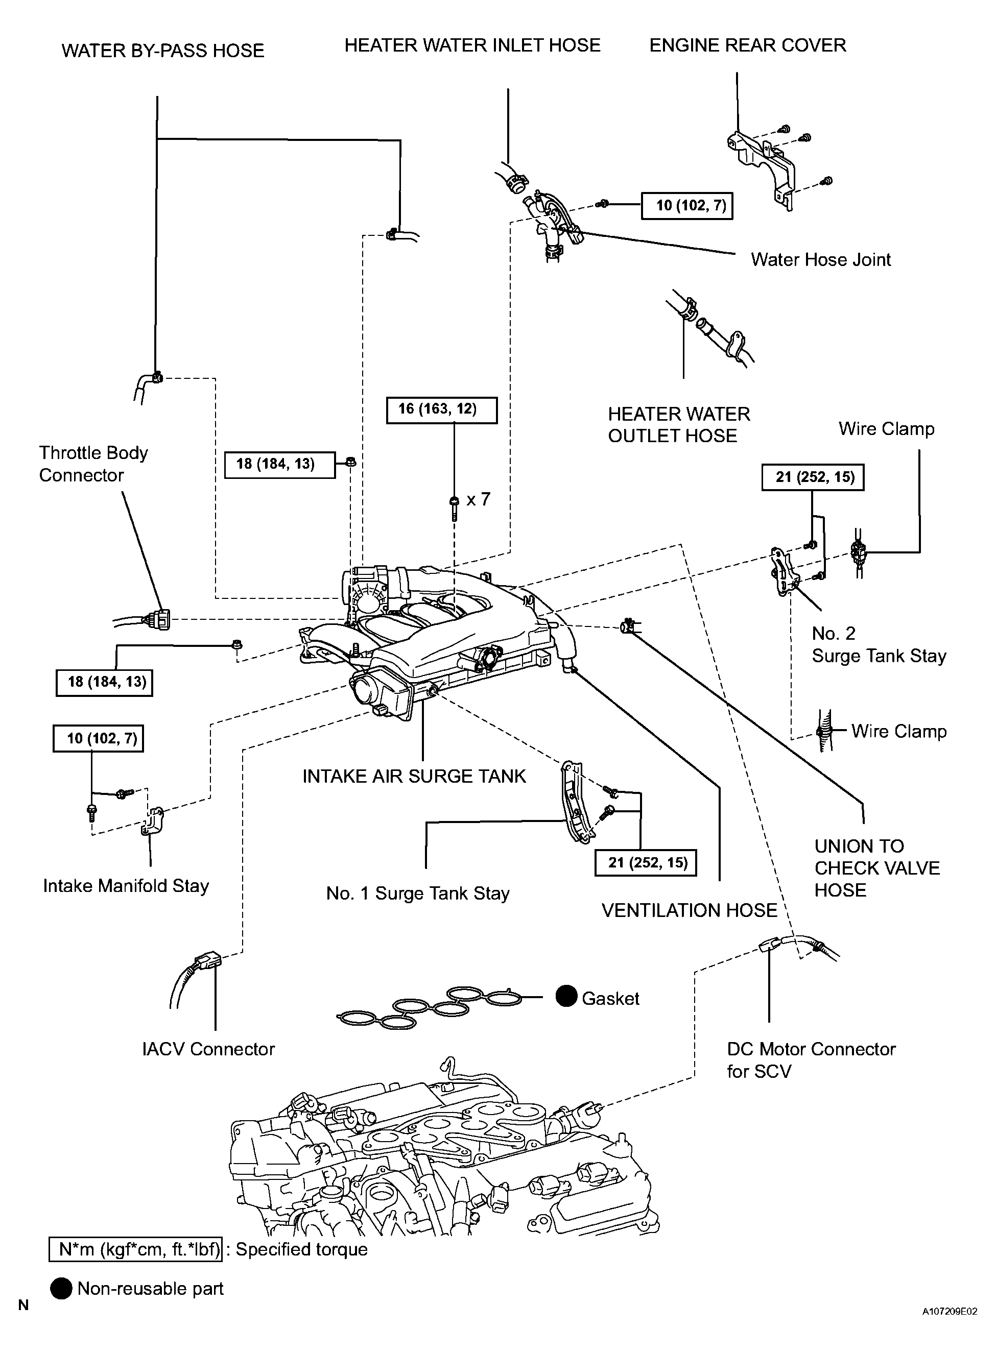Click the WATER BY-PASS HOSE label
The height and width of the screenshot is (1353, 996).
(163, 51)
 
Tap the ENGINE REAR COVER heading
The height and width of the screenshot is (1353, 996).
(748, 45)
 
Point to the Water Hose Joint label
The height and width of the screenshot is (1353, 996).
(821, 260)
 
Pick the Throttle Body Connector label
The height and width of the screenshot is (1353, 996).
(93, 464)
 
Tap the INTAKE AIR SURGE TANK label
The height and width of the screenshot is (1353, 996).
(414, 776)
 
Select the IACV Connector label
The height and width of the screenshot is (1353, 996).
(208, 1049)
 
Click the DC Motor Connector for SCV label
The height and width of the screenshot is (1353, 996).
(811, 1060)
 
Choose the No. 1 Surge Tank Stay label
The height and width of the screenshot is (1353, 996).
(418, 893)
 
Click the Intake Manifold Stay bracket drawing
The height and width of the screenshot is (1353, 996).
(153, 822)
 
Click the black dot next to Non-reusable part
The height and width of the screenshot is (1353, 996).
(61, 1289)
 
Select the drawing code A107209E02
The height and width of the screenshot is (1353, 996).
(949, 1328)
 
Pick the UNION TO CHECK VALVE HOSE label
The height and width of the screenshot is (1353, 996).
(876, 868)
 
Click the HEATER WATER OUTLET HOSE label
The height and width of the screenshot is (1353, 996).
(678, 425)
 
